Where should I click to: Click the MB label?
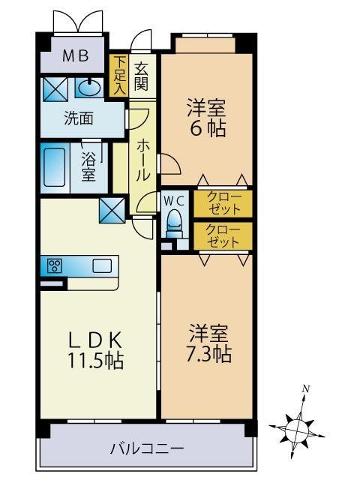click(x=75, y=56)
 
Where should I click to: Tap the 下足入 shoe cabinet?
click(x=119, y=76)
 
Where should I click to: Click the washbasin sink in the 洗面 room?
click(x=89, y=88)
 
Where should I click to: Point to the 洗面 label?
click(x=79, y=118)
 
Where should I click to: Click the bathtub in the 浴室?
click(x=55, y=167)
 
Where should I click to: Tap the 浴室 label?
click(x=88, y=167)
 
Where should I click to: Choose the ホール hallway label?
click(x=142, y=160)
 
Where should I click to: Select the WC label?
click(x=173, y=201)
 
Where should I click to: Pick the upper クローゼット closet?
click(x=223, y=204)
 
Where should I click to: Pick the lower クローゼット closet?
click(x=223, y=236)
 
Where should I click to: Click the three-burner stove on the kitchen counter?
click(x=55, y=265)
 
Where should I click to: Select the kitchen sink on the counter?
click(x=102, y=265)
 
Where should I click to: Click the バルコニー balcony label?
click(x=147, y=449)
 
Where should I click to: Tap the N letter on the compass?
click(x=305, y=389)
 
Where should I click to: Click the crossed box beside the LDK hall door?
click(x=112, y=210)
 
